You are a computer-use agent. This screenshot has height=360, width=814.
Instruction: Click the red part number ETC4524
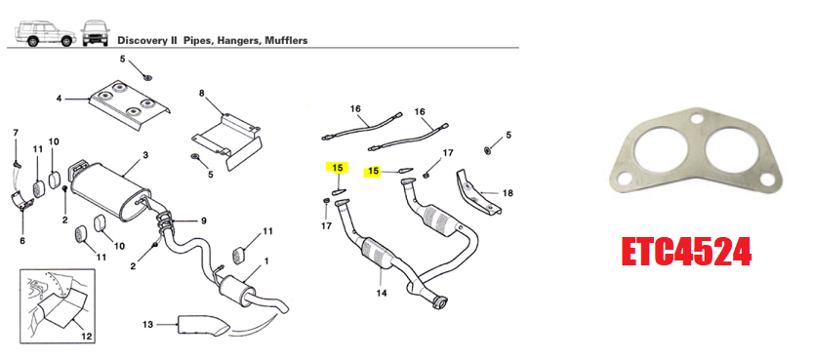686,253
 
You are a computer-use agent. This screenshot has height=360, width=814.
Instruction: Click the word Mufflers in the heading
287,40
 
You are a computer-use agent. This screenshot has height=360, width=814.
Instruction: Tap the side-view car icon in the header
45,34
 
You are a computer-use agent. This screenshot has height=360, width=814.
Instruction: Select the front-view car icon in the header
96,33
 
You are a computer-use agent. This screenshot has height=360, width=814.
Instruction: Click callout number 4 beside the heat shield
60,98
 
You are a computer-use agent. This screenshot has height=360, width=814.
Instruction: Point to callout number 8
202,94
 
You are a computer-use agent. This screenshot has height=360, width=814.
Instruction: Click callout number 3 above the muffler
145,155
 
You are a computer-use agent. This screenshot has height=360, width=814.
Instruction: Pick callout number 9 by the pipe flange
203,220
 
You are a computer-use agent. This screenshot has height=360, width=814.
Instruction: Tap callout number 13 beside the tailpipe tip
148,325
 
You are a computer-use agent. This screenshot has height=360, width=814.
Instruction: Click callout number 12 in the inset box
87,337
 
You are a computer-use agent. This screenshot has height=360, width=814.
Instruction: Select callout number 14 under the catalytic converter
382,293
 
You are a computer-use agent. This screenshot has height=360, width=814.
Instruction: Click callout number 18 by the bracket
508,193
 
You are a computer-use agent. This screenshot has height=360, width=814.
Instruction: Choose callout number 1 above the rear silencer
266,260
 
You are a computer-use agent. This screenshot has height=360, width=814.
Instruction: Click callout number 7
16,133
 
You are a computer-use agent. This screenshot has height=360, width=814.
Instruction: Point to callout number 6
22,241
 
